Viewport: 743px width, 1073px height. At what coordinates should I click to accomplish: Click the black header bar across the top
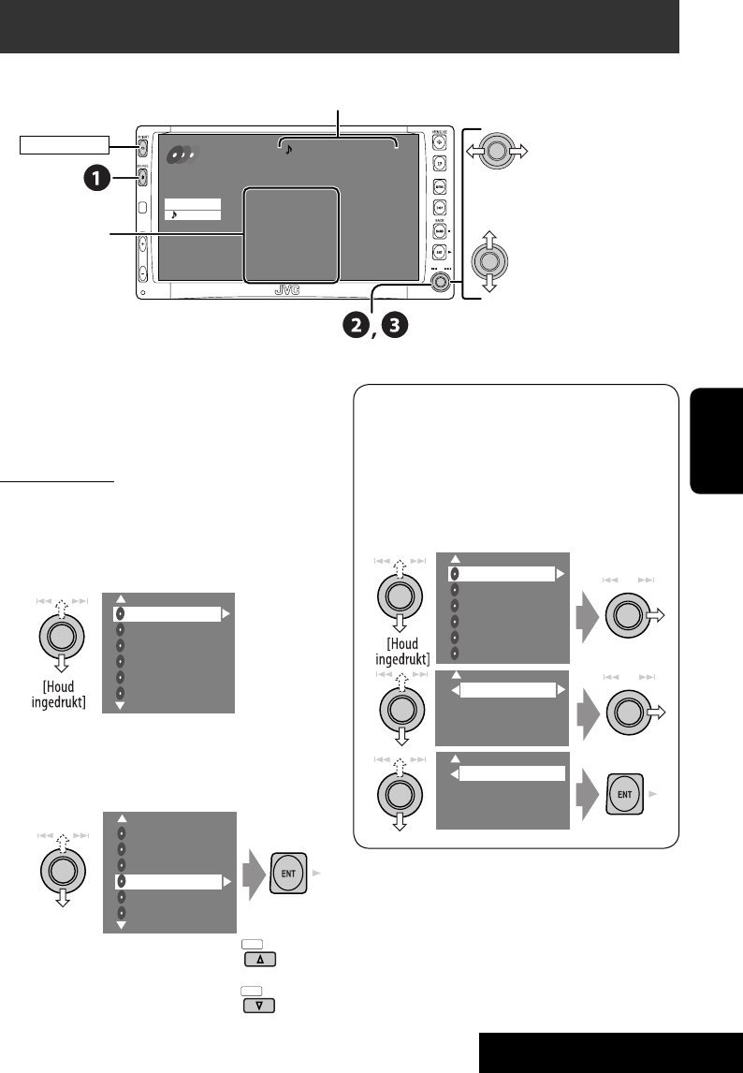point(339,26)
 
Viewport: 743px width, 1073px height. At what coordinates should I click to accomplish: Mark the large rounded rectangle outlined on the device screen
point(290,234)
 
